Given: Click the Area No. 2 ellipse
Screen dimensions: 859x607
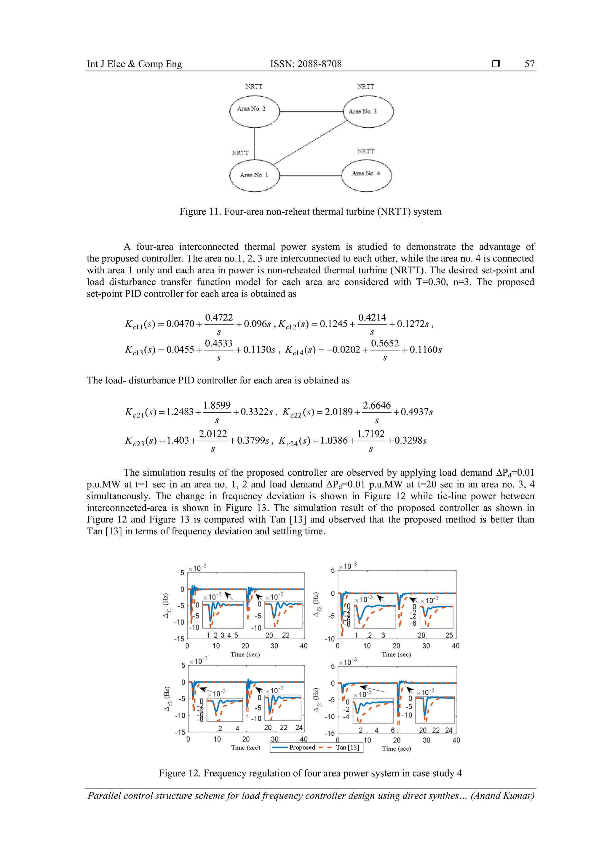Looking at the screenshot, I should (254, 111).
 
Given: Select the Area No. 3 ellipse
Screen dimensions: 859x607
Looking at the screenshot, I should (368, 111).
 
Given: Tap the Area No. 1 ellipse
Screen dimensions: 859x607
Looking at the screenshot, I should (254, 176).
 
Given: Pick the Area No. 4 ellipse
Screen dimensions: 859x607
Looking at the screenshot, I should (367, 176).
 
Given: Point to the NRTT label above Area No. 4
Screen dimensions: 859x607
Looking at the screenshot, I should (365, 151).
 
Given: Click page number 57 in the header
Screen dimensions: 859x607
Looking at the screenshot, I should (529, 64).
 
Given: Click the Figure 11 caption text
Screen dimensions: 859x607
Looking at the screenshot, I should (310, 212).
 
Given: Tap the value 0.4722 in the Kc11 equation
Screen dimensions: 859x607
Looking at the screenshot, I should (219, 318).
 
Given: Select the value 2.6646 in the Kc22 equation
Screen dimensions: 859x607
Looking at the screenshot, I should (377, 406).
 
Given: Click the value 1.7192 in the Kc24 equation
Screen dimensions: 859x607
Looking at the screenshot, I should (371, 434).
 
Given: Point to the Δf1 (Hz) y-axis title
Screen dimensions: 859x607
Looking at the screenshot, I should (167, 606).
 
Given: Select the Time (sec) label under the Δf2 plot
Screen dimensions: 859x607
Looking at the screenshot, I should (396, 654).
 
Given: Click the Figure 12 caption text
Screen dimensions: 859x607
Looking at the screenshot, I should (310, 773).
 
